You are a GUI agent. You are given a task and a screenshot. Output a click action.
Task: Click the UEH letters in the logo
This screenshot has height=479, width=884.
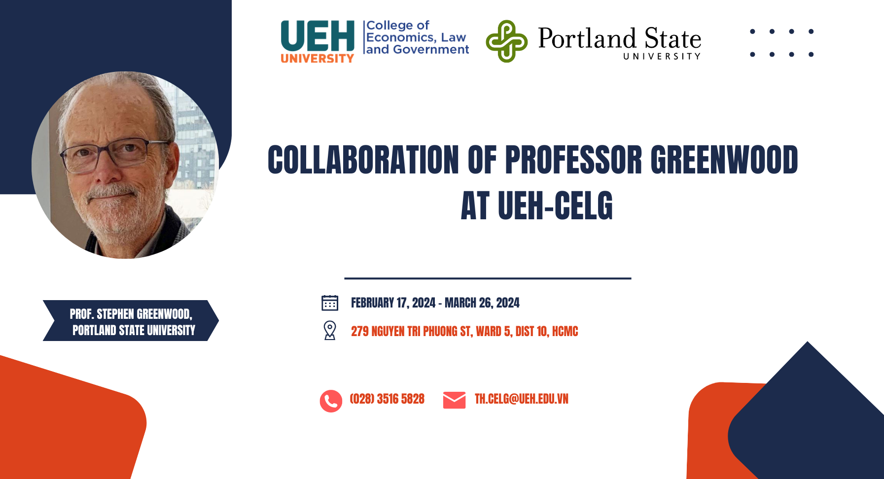(x=318, y=36)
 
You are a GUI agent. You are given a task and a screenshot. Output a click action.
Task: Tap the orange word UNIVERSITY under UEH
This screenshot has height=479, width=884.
(x=318, y=58)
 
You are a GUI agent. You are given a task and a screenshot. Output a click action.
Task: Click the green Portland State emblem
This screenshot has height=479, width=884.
(x=506, y=41)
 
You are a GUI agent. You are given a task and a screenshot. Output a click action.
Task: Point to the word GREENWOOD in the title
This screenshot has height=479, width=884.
(x=724, y=160)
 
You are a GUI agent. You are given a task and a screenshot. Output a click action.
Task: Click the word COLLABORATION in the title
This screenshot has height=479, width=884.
(x=363, y=160)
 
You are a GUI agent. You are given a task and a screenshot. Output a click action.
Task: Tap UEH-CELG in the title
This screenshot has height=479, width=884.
(x=555, y=205)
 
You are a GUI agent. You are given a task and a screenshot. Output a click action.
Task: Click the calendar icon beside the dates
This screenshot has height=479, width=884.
(x=330, y=303)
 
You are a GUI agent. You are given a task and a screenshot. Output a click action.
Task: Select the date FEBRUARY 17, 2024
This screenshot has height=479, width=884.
(x=393, y=303)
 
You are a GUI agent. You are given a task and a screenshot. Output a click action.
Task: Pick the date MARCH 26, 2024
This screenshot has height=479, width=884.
(x=482, y=303)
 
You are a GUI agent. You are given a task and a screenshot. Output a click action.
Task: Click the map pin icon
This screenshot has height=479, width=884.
(x=330, y=330)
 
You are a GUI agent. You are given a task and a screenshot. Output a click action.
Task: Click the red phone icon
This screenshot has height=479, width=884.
(x=331, y=401)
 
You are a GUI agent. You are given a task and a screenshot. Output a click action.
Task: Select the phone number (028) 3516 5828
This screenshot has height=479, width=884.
(x=387, y=399)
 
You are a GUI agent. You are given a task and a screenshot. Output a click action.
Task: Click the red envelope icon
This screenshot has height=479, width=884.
(x=454, y=400)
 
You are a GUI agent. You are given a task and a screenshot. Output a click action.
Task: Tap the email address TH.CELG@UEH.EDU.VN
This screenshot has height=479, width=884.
(x=521, y=399)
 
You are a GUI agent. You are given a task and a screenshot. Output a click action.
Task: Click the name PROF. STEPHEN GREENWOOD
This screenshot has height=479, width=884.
(x=131, y=314)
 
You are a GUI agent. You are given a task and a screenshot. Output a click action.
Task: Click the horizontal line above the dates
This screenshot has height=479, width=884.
(x=488, y=278)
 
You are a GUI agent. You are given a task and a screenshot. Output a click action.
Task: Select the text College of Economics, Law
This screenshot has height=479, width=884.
(x=416, y=31)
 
